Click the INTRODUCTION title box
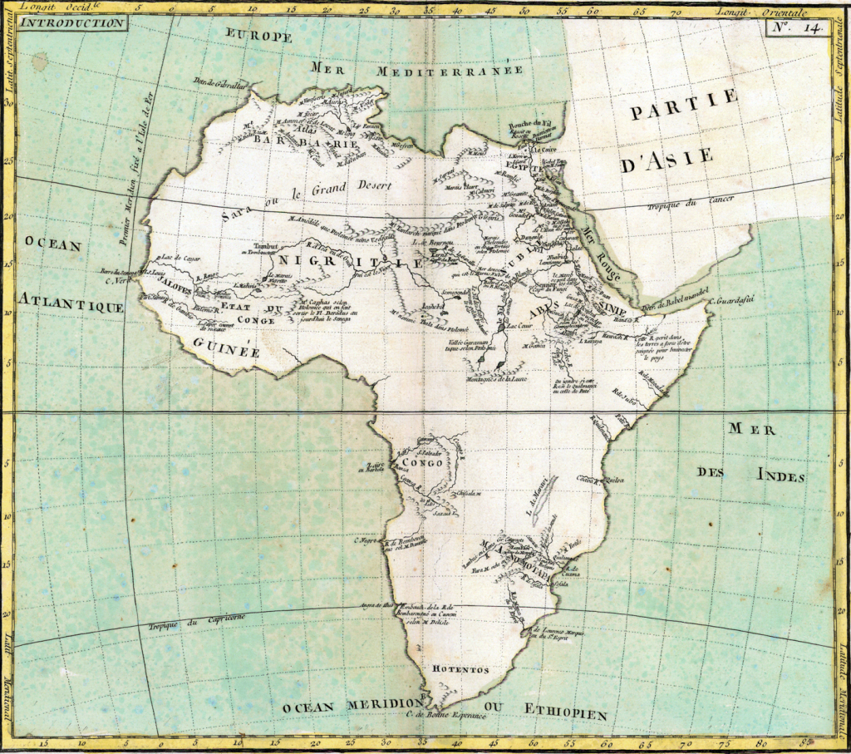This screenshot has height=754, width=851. [71, 22]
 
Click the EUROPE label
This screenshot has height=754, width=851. [259, 37]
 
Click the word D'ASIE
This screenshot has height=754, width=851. [667, 157]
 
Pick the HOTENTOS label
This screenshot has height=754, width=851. [460, 669]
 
